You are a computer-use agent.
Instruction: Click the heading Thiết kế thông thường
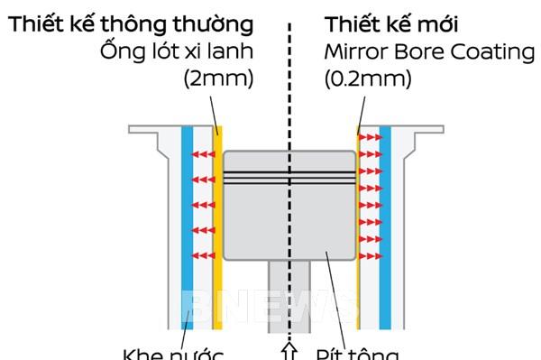coord(132,22)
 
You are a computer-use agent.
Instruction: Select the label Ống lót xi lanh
coord(179,50)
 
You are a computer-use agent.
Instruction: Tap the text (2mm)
coord(218,78)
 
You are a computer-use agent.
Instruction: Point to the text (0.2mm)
coord(368,78)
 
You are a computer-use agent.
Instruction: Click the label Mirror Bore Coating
coord(429,50)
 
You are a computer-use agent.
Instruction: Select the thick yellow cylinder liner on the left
coord(219,226)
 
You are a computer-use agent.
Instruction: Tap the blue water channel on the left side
coord(187,226)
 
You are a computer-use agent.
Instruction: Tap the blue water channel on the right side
coord(385,226)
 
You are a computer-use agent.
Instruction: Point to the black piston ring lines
coord(289,177)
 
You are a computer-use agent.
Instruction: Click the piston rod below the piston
coord(289,289)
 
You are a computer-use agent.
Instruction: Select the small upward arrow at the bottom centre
coord(289,348)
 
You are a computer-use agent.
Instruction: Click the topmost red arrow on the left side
coord(206,155)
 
